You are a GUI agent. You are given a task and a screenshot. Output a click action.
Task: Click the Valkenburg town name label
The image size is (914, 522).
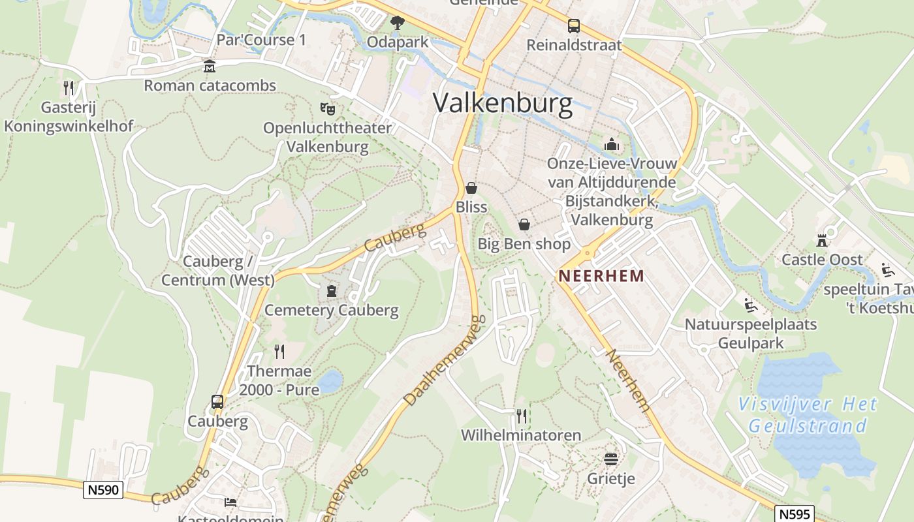tap(503, 103)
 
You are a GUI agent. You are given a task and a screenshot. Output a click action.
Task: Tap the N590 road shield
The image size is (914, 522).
tap(103, 489)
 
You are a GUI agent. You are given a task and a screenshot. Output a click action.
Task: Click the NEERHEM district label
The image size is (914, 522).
tap(601, 275)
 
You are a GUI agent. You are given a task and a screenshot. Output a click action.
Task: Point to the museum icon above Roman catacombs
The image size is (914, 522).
tap(209, 66)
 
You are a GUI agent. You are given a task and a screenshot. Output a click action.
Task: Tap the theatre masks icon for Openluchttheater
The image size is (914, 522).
tap(327, 108)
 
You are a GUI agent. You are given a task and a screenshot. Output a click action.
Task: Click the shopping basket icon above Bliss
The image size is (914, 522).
tap(471, 188)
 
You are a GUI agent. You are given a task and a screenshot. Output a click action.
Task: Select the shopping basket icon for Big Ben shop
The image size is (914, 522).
tap(524, 225)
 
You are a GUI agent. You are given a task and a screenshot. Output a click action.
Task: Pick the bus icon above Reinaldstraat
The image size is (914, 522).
tap(574, 26)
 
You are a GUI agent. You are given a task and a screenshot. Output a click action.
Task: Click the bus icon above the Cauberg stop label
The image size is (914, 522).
tap(217, 402)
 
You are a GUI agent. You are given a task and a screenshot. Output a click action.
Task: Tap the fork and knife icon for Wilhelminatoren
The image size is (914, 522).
tap(521, 416)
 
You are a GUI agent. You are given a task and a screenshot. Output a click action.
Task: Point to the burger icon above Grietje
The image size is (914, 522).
tap(611, 459)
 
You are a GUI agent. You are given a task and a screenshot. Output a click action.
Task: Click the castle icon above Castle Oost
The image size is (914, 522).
tap(822, 240)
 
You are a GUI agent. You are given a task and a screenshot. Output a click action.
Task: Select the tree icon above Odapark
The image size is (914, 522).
tap(397, 23)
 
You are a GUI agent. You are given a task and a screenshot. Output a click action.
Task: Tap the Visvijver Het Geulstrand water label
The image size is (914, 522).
tap(808, 415)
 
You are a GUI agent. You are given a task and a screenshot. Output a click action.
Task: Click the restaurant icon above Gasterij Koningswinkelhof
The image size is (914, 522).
tap(69, 87)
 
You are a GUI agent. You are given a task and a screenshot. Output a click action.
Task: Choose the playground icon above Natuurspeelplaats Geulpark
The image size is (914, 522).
tap(750, 305)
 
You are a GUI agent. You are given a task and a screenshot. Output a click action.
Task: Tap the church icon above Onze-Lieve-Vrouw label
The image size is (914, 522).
tap(612, 144)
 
